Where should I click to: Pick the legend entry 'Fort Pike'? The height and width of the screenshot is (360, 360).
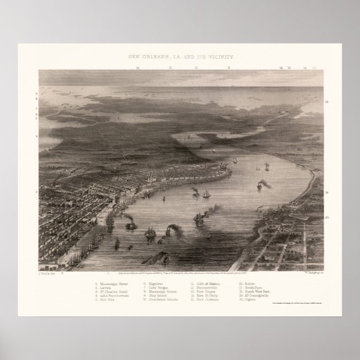tap(106, 300)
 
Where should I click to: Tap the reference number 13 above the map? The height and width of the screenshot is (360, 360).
tap(229, 67)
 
